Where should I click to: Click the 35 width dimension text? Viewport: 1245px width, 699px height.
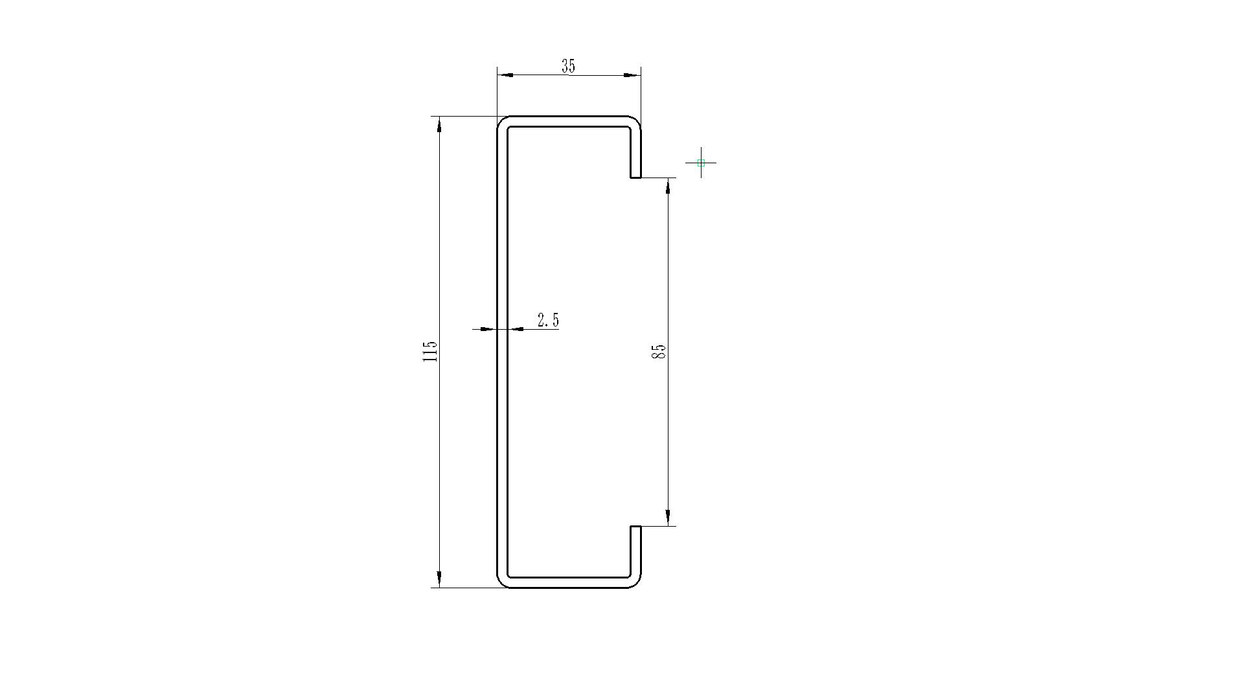point(568,66)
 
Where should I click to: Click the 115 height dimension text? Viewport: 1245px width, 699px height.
point(430,352)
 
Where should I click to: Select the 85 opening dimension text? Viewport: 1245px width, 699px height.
point(659,352)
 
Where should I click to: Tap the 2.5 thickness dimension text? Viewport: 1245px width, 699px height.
point(548,320)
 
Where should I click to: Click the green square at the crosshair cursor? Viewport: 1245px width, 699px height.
point(701,163)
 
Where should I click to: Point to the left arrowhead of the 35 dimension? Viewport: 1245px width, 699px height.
point(505,75)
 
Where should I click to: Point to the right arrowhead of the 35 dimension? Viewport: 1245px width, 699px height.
point(632,75)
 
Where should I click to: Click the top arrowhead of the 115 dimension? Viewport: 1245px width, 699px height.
point(440,124)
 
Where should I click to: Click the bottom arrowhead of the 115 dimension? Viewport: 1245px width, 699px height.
point(440,579)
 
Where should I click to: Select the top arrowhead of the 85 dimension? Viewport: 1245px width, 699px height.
point(668,186)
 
